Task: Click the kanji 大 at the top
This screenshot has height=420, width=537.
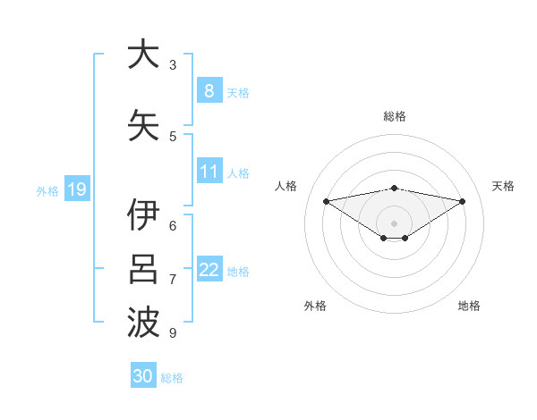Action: click(143, 55)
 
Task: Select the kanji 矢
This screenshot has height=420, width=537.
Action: click(143, 125)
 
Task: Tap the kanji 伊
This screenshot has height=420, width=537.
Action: click(143, 215)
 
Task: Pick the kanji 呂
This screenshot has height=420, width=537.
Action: click(143, 269)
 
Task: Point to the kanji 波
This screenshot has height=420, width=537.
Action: click(143, 323)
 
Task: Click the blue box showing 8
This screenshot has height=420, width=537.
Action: click(209, 90)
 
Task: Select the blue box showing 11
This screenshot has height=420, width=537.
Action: click(209, 172)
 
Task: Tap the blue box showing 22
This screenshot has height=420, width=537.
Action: click(209, 270)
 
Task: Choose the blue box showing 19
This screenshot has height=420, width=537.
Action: click(76, 189)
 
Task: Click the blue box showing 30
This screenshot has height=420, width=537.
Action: click(143, 376)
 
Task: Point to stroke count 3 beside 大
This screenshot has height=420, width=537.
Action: click(173, 64)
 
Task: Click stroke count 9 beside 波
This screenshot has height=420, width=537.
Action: click(173, 332)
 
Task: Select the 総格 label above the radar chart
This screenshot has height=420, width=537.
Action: click(395, 116)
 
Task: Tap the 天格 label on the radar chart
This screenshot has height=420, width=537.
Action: click(504, 186)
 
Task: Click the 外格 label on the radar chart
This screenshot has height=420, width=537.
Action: click(315, 306)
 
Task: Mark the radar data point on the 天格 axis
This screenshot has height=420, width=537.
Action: click(463, 201)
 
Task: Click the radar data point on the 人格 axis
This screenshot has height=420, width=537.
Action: click(326, 201)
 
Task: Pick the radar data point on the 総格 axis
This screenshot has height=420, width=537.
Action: click(395, 188)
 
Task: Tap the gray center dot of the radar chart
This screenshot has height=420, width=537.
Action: click(394, 223)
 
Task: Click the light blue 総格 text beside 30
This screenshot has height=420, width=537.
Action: click(172, 378)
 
